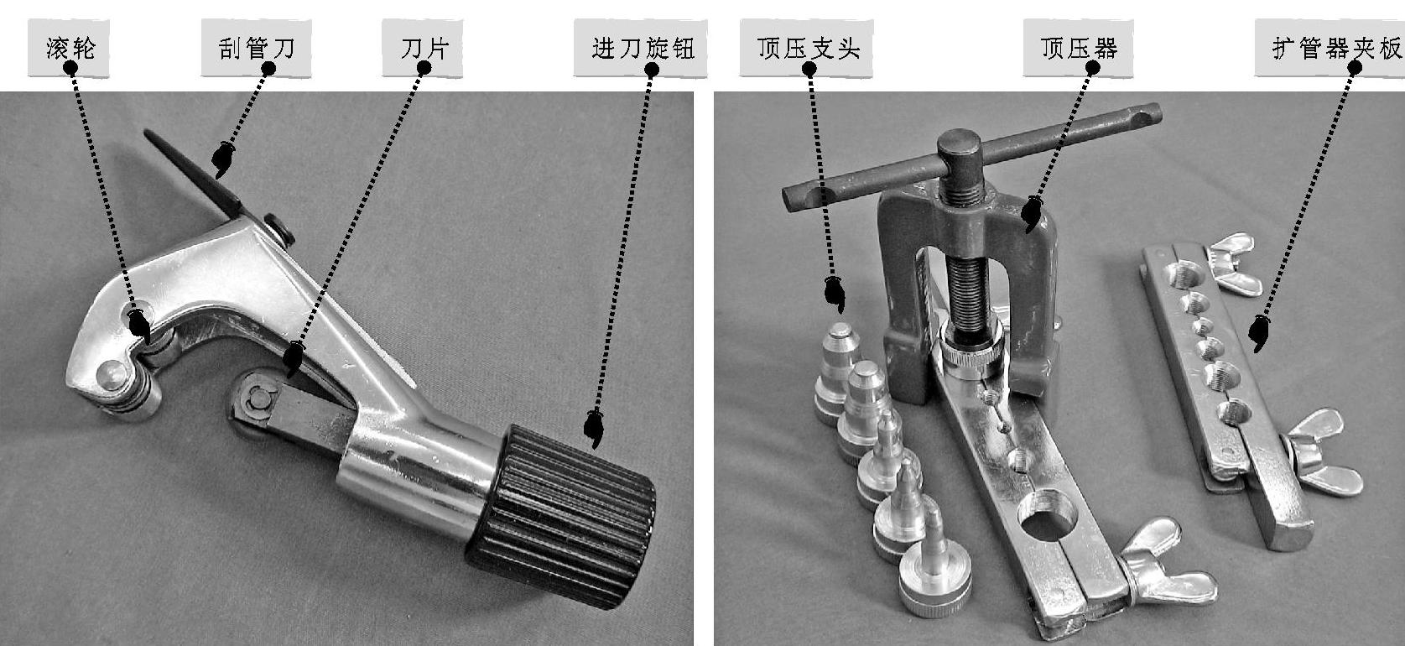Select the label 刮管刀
[x=257, y=49]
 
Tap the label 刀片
[x=424, y=49]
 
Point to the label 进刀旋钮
[x=643, y=49]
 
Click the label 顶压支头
[x=808, y=49]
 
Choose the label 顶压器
[x=1079, y=49]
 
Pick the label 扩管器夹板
[x=1336, y=49]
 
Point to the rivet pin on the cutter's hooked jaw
[x=111, y=375]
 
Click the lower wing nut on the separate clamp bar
[x=1320, y=451]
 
